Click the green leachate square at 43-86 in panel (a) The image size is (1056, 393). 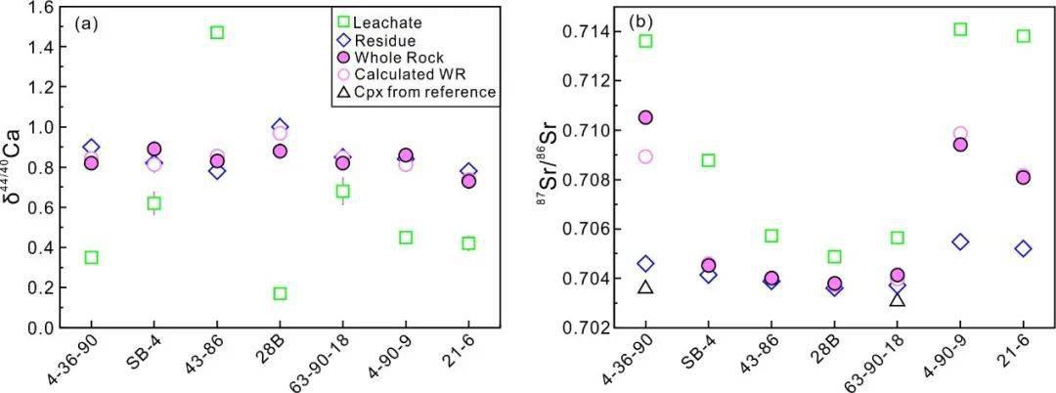[x=217, y=32]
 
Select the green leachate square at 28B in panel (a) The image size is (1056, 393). [x=280, y=293]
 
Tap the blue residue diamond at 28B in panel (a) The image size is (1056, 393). [x=280, y=127]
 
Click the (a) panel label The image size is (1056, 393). [x=85, y=21]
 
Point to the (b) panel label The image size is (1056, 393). [x=642, y=21]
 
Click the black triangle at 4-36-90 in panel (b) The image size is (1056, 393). [x=645, y=286]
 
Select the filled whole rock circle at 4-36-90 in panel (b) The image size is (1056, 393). [x=645, y=117]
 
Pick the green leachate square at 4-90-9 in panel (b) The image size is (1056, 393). [x=960, y=29]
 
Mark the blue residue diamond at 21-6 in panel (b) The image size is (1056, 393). [x=1023, y=248]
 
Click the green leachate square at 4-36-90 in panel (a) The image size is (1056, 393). [x=91, y=257]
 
